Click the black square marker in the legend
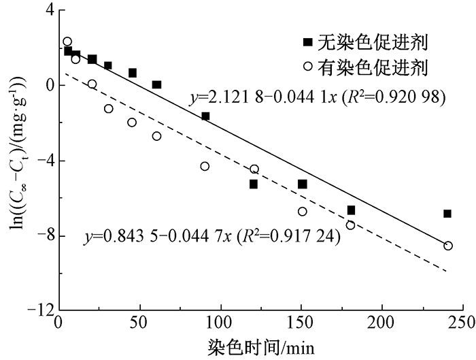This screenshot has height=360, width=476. pyautogui.click(x=308, y=43)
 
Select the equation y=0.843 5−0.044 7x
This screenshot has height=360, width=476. pyautogui.click(x=160, y=237)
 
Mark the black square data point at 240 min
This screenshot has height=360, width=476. pyautogui.click(x=447, y=214)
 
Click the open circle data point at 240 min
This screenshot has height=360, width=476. pyautogui.click(x=448, y=246)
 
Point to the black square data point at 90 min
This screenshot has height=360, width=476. pyautogui.click(x=205, y=116)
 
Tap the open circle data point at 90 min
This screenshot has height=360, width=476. pyautogui.click(x=205, y=166)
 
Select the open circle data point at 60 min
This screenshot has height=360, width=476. pyautogui.click(x=156, y=136)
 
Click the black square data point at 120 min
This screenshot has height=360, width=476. pyautogui.click(x=254, y=184)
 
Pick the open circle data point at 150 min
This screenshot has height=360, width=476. pyautogui.click(x=302, y=212)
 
